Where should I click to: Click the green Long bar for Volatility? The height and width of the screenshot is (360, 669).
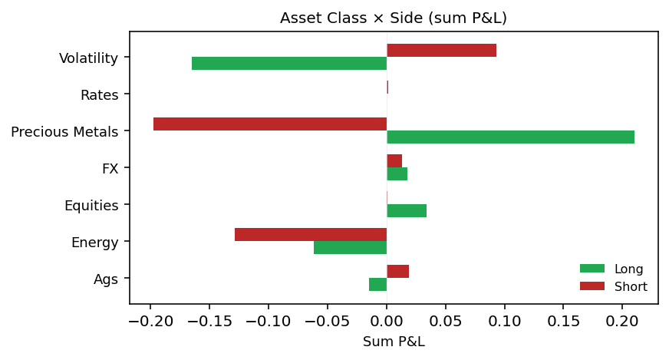(x=289, y=64)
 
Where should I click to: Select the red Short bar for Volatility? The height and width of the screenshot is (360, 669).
(x=441, y=51)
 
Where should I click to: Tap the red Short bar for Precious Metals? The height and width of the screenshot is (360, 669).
(x=270, y=124)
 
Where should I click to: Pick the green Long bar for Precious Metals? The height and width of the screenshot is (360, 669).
(x=510, y=137)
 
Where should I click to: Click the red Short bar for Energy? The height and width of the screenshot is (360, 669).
(x=311, y=235)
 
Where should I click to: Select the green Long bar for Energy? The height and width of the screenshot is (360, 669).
(x=350, y=248)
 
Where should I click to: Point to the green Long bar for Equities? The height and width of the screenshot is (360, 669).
(x=407, y=211)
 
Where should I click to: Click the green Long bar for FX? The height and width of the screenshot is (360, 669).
(x=397, y=174)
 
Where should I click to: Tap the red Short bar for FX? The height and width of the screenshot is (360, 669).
(x=394, y=161)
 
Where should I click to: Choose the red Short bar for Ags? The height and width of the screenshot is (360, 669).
(x=397, y=272)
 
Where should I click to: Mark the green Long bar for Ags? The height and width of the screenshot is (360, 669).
(x=377, y=285)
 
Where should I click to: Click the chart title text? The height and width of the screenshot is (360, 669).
(x=394, y=18)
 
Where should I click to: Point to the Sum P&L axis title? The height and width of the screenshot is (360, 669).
(x=394, y=342)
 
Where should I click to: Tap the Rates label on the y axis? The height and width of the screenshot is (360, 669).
(x=100, y=95)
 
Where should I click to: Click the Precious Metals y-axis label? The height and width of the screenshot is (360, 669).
(x=64, y=132)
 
